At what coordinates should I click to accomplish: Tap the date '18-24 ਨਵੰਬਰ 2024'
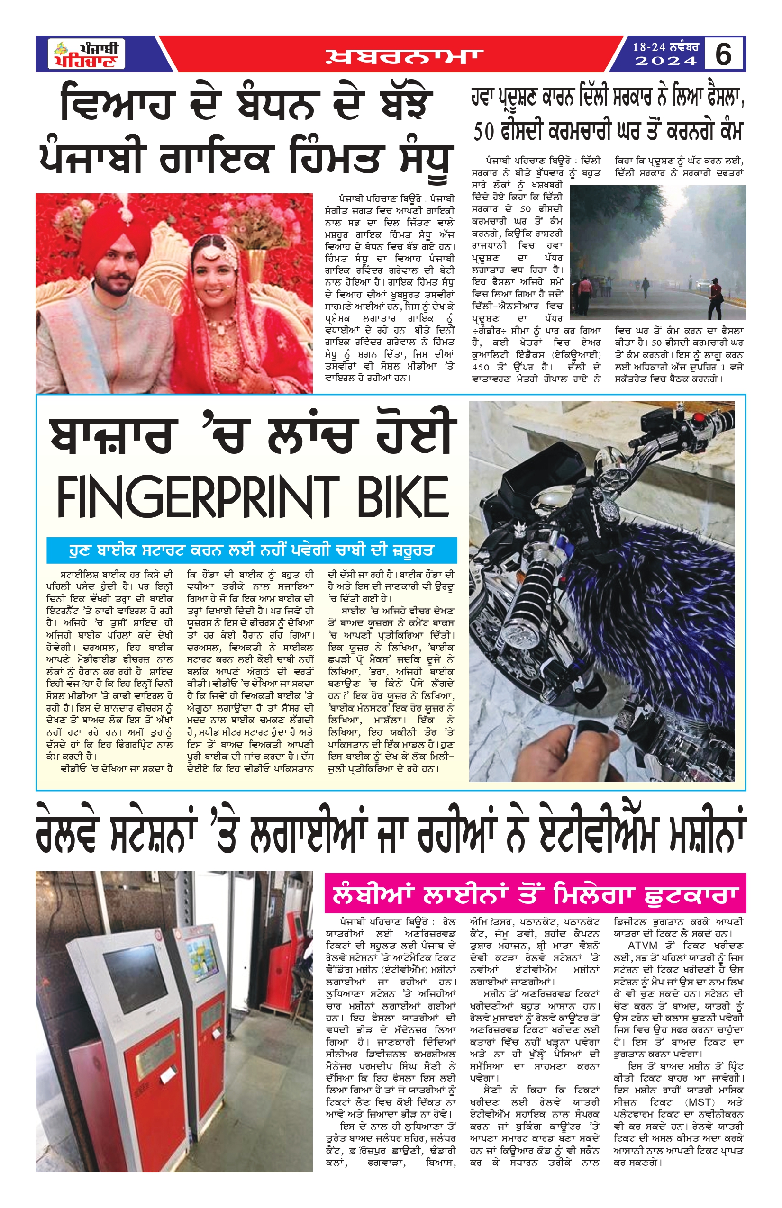[x=665, y=54]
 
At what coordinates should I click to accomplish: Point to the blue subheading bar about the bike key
[x=251, y=550]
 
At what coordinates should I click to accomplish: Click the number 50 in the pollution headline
[x=483, y=132]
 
